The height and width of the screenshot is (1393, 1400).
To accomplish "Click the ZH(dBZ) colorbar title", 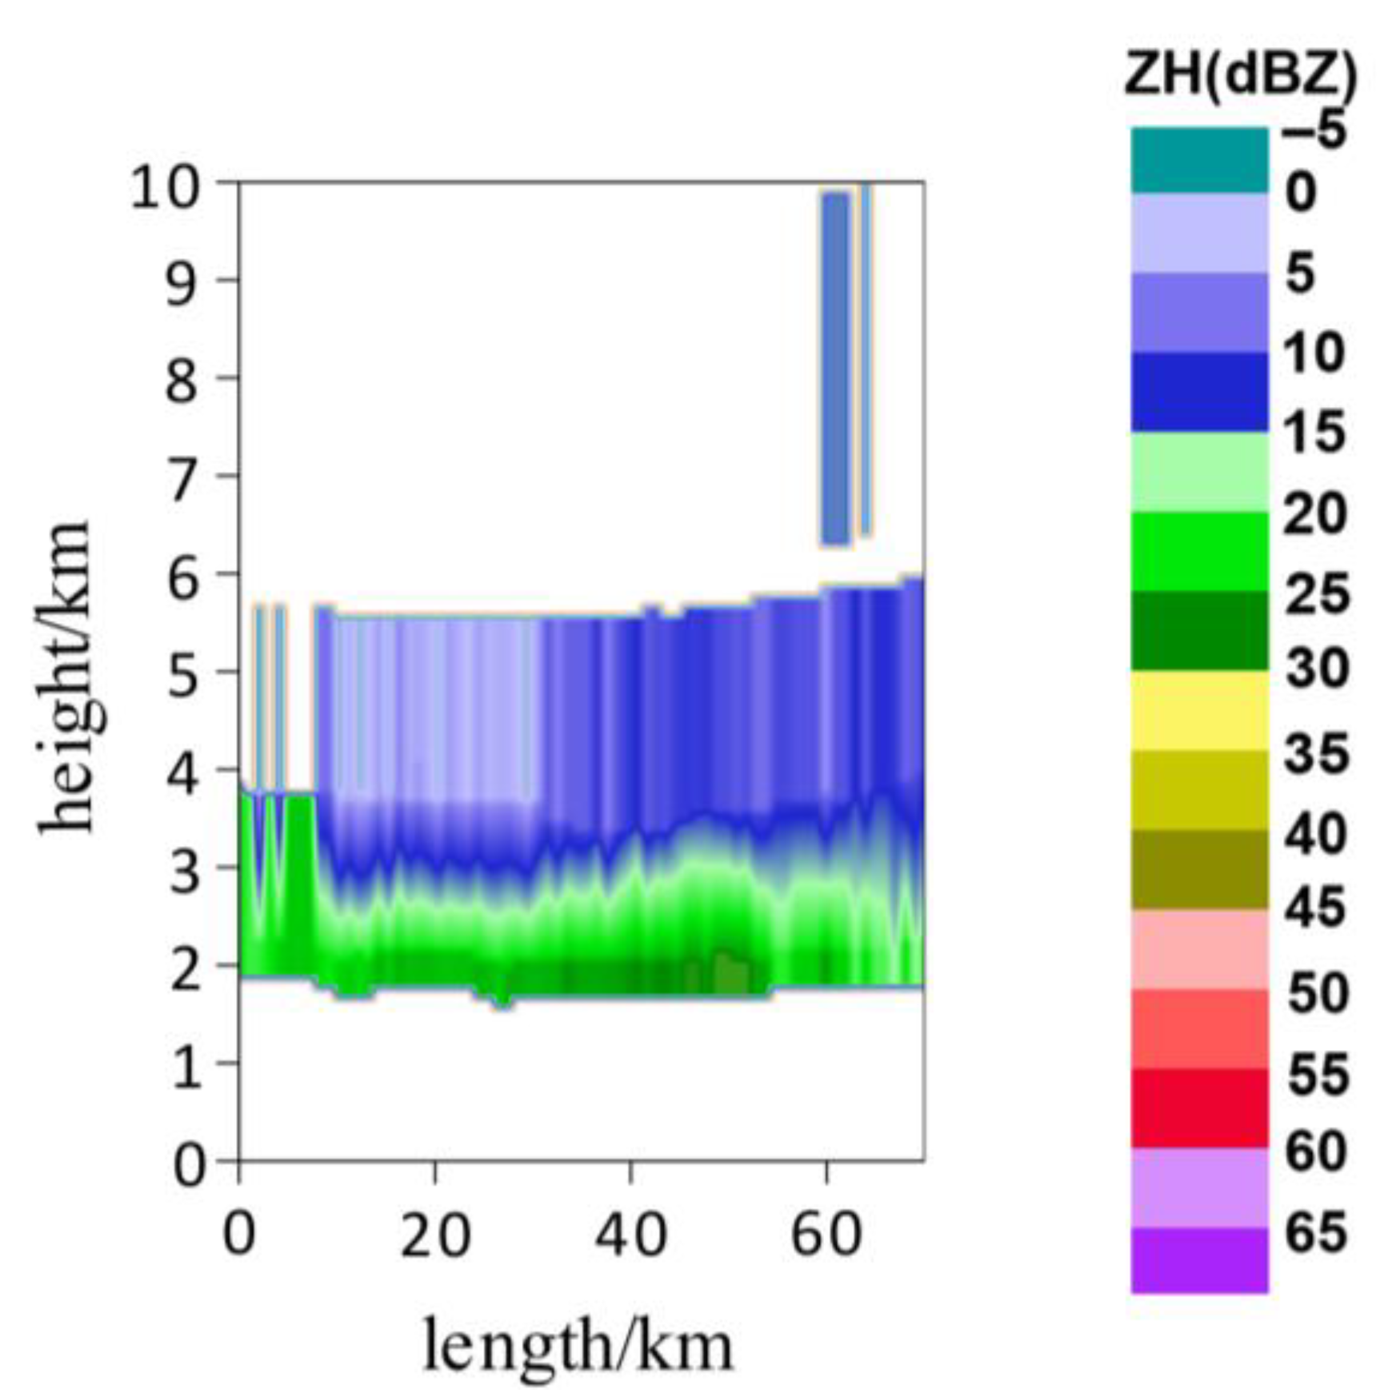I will point(1240,78).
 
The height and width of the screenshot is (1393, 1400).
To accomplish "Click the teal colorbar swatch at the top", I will point(1198,160).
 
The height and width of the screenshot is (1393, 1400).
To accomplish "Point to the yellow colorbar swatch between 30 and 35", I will point(1198,710).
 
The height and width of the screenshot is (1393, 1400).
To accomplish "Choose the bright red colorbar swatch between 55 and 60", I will point(1198,1108).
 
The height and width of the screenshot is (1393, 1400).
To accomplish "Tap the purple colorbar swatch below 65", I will point(1198,1260).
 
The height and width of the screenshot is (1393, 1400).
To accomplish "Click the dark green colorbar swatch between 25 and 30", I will point(1198,630).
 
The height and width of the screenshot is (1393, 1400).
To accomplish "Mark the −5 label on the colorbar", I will point(1315,130).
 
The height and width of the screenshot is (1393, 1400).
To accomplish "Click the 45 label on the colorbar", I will point(1315,909).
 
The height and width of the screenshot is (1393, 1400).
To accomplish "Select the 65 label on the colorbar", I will point(1315,1231).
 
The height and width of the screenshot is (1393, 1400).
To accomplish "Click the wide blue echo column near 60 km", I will point(835,368).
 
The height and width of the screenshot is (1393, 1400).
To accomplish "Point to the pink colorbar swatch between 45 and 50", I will point(1198,949).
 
